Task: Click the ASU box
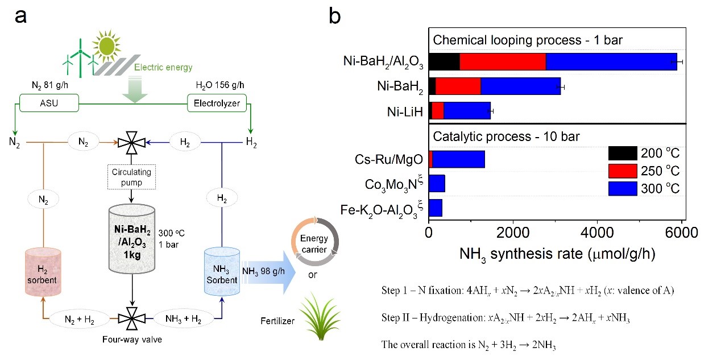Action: pyautogui.click(x=49, y=104)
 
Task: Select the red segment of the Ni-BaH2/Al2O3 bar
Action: pyautogui.click(x=503, y=61)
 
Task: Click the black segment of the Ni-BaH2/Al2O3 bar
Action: pyautogui.click(x=444, y=61)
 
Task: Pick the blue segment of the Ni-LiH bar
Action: pyautogui.click(x=467, y=111)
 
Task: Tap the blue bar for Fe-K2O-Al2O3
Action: pyautogui.click(x=436, y=208)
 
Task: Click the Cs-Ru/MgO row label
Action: pyautogui.click(x=388, y=159)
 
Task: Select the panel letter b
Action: pyautogui.click(x=335, y=16)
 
